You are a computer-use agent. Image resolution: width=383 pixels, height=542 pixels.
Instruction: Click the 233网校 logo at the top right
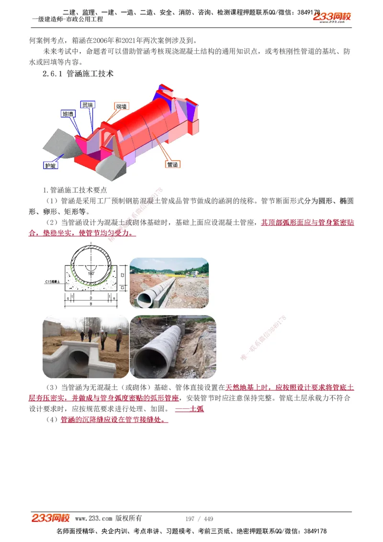pos(332,17)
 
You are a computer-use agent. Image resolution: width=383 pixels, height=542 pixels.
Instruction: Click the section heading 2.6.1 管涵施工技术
pos(78,74)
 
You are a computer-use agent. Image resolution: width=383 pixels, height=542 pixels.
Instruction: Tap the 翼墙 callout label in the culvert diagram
pos(87,105)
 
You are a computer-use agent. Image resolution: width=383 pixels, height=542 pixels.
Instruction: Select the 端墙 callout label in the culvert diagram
pos(122,106)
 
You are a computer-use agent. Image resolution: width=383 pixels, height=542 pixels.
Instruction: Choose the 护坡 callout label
pos(51,165)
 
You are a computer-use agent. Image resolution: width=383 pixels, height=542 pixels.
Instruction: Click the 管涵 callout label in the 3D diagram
pos(172,164)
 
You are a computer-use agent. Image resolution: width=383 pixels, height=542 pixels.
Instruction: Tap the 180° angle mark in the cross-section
pos(91,272)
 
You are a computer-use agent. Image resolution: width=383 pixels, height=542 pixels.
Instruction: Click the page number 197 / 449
pos(199,519)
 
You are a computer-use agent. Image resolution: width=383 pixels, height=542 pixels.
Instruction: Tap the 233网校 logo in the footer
pos(51,518)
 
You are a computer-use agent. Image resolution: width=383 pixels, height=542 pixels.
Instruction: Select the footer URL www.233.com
pos(94,519)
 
